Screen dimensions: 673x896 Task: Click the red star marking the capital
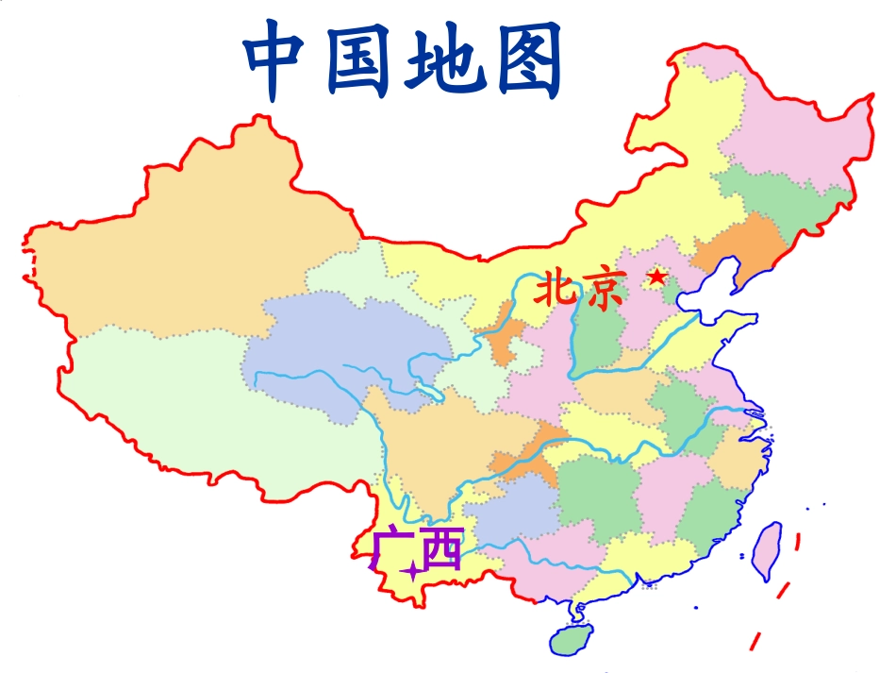click(656, 278)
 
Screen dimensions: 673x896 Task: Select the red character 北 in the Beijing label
click(556, 289)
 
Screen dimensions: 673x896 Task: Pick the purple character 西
click(441, 550)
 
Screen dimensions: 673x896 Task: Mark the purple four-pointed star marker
click(411, 572)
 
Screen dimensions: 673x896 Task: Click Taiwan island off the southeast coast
click(769, 549)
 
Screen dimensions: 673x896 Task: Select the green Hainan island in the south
click(572, 640)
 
